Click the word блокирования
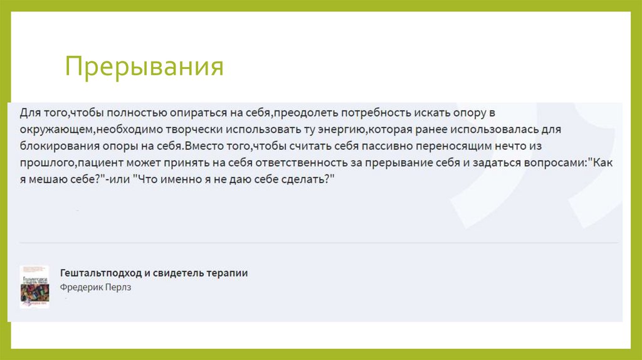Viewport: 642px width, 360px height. tap(52, 146)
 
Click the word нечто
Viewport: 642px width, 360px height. tap(476, 146)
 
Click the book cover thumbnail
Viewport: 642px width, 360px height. tap(34, 285)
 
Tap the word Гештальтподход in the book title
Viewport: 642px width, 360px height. tap(101, 273)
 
